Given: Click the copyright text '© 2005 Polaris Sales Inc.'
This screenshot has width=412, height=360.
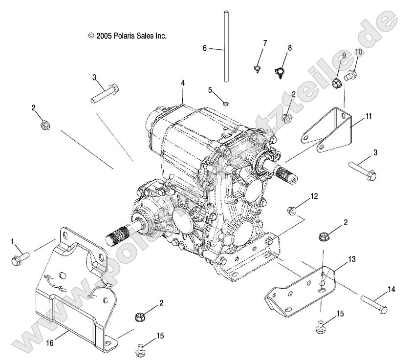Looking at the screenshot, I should point(128,36).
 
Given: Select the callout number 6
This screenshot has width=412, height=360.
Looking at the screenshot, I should point(204,48).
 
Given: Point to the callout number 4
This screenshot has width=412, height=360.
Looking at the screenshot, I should point(182,84).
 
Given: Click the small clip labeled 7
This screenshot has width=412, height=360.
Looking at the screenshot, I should point(257,68).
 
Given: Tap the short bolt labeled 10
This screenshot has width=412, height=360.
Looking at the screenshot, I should point(350,76).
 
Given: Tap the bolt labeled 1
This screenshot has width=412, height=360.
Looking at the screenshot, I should point(20,259).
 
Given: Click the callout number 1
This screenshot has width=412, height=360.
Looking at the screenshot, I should point(13,241).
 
